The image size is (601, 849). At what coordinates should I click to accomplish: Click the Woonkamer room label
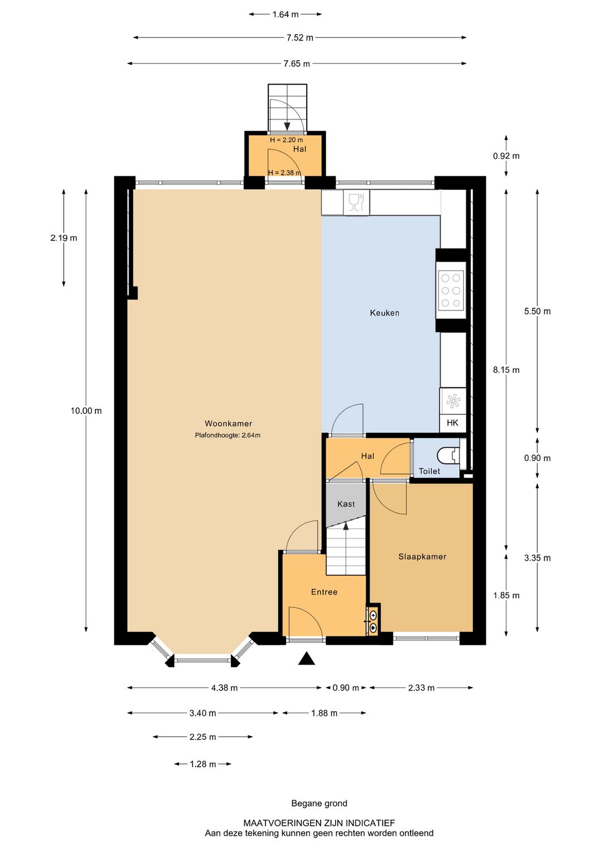click(228, 423)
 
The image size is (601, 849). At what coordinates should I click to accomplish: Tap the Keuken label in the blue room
click(385, 313)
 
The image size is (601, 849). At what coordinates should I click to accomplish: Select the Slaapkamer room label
click(422, 556)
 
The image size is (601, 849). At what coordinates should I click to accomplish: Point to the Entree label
click(324, 592)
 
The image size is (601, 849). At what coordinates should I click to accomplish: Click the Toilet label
click(429, 471)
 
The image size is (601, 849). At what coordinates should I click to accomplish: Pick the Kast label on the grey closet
click(346, 504)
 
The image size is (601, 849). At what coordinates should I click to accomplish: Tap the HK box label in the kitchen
click(452, 423)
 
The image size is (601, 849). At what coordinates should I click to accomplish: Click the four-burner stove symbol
click(451, 290)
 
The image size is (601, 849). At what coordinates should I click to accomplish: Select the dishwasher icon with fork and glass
click(356, 202)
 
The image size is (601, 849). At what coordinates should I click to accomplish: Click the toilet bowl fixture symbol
click(448, 456)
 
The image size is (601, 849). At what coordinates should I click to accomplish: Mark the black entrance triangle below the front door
click(307, 659)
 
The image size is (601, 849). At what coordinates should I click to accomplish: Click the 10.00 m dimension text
click(86, 411)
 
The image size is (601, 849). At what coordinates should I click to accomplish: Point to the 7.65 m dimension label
click(297, 63)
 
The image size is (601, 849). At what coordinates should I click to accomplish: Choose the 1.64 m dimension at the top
click(285, 14)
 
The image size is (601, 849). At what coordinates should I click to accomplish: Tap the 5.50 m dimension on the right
click(537, 311)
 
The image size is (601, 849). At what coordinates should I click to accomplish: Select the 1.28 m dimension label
click(203, 764)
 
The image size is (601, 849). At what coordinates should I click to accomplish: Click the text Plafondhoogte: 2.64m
click(228, 435)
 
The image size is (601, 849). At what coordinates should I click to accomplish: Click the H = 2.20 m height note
click(286, 140)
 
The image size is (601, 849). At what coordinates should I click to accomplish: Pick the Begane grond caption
click(319, 803)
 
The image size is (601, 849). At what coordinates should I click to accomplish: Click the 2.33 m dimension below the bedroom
click(421, 688)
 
